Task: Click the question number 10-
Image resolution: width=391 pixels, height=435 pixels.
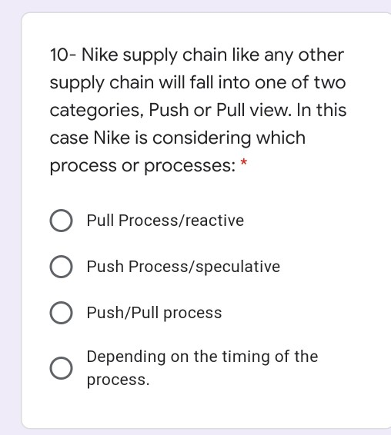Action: [x=62, y=55]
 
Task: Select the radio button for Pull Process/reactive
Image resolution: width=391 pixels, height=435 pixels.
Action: [x=62, y=221]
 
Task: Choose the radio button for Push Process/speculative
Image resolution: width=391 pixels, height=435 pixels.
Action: [x=62, y=267]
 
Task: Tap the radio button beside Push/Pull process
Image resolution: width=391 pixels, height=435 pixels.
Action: [x=62, y=314]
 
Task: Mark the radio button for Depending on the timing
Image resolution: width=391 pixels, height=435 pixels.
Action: [x=62, y=368]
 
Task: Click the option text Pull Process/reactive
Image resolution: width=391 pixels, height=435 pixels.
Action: [x=165, y=221]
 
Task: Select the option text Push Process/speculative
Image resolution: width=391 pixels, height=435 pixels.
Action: [x=183, y=267]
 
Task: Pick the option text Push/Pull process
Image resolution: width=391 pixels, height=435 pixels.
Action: [x=154, y=314]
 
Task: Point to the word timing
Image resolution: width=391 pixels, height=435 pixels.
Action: [x=258, y=357]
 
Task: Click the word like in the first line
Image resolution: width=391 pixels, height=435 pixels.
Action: [x=239, y=55]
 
